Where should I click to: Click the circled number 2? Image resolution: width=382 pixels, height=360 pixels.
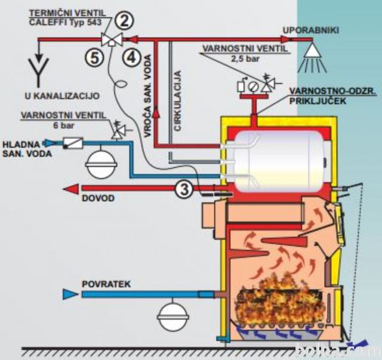point(125,21)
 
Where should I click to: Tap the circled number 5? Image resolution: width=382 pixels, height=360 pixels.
point(94,58)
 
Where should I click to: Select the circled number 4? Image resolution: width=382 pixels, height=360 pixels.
point(132,58)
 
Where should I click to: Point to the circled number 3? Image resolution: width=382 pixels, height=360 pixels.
point(184,189)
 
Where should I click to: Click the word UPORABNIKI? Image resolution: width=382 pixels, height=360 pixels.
point(311,30)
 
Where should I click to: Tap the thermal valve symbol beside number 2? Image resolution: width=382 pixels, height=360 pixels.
point(112,39)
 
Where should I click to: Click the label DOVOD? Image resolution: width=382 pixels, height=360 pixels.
point(98,198)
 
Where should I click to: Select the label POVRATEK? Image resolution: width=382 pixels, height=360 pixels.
point(106,284)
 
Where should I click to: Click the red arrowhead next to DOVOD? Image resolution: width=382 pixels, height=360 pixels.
point(71,189)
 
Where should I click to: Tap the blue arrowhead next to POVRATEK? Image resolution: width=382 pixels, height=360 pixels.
point(70,294)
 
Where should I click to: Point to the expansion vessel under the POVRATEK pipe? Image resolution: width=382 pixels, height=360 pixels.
point(173,315)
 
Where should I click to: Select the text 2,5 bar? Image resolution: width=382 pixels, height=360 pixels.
point(245,59)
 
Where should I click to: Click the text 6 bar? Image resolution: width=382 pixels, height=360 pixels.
point(63,125)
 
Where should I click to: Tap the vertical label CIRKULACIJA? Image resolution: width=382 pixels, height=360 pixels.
point(178,101)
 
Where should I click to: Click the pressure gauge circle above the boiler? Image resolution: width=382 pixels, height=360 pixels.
point(253,87)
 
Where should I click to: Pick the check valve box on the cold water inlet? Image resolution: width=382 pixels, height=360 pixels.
point(73,143)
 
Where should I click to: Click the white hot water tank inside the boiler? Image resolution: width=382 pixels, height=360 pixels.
point(278,161)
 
